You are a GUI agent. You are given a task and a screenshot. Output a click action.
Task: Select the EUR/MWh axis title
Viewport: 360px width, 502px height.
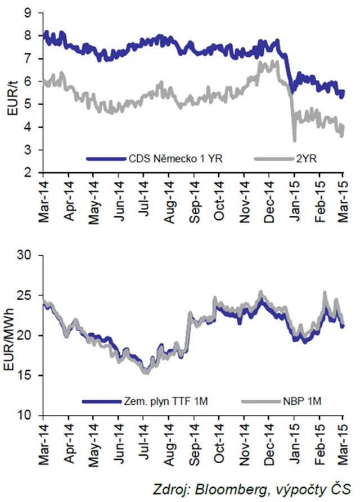(x=12, y=336)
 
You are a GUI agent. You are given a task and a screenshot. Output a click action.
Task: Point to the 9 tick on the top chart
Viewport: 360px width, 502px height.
(x=33, y=12)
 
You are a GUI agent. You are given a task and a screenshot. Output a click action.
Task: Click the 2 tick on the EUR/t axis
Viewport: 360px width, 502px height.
(x=33, y=173)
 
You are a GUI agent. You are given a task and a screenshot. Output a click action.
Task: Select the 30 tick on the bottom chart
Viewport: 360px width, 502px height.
(x=30, y=256)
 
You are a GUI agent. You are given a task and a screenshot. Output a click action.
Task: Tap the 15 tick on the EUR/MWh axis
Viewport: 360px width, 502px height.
(x=30, y=376)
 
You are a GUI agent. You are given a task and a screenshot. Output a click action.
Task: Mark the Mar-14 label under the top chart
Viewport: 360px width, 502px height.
(x=43, y=200)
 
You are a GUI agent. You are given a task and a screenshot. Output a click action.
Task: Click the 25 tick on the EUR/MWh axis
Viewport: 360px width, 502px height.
(x=30, y=296)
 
